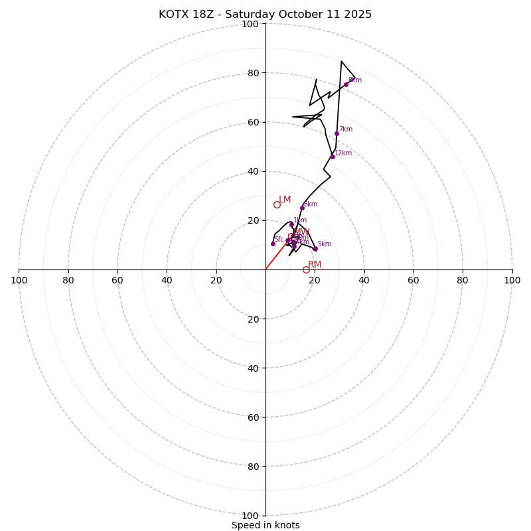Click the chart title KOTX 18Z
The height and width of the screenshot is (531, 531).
265,15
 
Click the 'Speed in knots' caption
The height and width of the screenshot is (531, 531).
265,525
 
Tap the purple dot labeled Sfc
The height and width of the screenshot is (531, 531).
273,244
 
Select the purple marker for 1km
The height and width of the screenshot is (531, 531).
291,224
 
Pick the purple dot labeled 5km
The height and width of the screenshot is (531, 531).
315,249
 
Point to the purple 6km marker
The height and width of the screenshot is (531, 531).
302,208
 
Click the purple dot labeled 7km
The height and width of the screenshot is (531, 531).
337,133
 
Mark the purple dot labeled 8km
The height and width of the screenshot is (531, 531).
346,84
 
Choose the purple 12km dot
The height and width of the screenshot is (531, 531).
333,157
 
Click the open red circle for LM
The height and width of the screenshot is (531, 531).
277,204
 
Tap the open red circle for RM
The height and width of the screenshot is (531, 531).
306,269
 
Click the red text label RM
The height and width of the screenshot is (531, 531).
315,264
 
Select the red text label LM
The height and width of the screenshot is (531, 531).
285,199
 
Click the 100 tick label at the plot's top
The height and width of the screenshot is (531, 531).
250,24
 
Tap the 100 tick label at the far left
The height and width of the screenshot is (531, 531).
19,280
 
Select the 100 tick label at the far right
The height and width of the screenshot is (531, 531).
512,280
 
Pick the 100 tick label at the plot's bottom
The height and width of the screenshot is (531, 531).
250,515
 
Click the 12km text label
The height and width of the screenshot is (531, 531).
343,153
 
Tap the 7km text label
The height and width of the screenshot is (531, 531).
346,129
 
